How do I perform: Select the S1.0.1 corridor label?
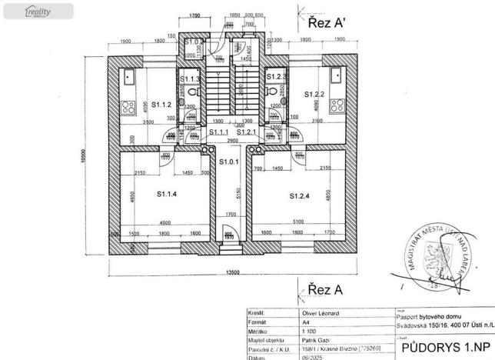(229, 162)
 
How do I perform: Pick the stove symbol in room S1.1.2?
(128, 107)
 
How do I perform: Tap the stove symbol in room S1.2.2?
(336, 107)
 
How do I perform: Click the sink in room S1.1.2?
(128, 77)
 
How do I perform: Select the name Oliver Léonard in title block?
(317, 314)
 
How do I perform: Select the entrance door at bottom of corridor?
(228, 239)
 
